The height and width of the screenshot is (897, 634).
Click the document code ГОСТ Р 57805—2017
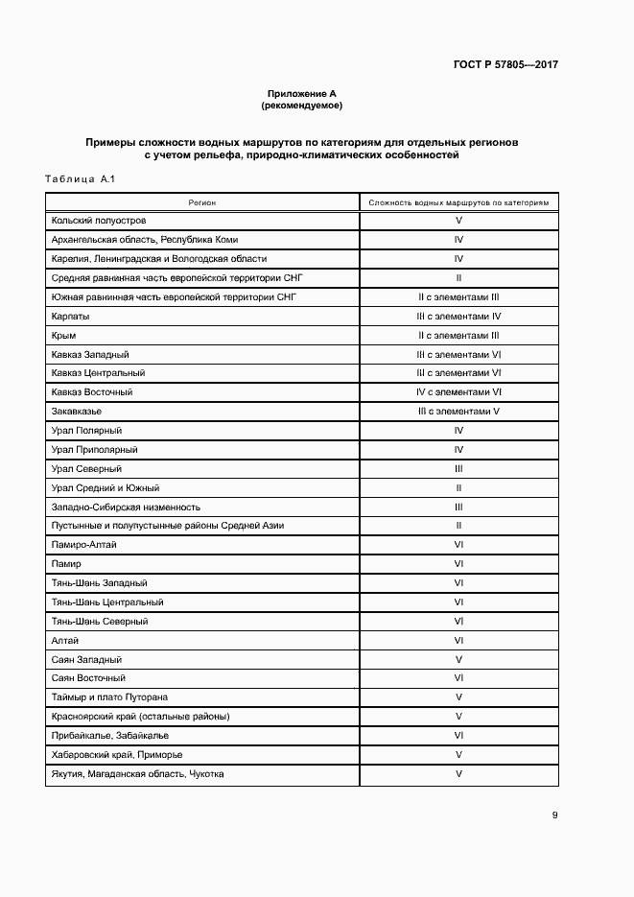(x=505, y=65)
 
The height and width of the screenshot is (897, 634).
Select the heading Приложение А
(x=301, y=94)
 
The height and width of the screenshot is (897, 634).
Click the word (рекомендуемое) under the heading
(x=301, y=105)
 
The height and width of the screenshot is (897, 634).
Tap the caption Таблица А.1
(x=80, y=179)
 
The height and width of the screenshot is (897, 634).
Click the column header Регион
(x=202, y=202)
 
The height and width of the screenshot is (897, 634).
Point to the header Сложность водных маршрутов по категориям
(x=458, y=202)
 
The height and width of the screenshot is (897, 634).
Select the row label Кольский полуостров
(x=99, y=221)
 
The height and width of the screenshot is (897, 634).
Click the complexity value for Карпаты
(x=458, y=316)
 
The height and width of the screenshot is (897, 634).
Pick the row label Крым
(x=64, y=335)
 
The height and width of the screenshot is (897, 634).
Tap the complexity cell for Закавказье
(x=458, y=412)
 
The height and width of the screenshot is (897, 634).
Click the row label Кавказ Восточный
(x=92, y=392)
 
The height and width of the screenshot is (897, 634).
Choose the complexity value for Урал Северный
(x=458, y=468)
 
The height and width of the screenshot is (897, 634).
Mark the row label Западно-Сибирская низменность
(x=126, y=507)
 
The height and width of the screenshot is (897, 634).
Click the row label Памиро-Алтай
(x=83, y=545)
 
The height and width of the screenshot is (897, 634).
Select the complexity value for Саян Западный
(x=458, y=659)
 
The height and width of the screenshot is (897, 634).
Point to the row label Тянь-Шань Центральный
(x=107, y=602)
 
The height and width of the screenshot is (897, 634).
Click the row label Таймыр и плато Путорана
(x=110, y=697)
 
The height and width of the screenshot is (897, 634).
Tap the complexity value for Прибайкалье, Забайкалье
(x=458, y=735)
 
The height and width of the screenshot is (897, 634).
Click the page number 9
(x=554, y=815)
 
